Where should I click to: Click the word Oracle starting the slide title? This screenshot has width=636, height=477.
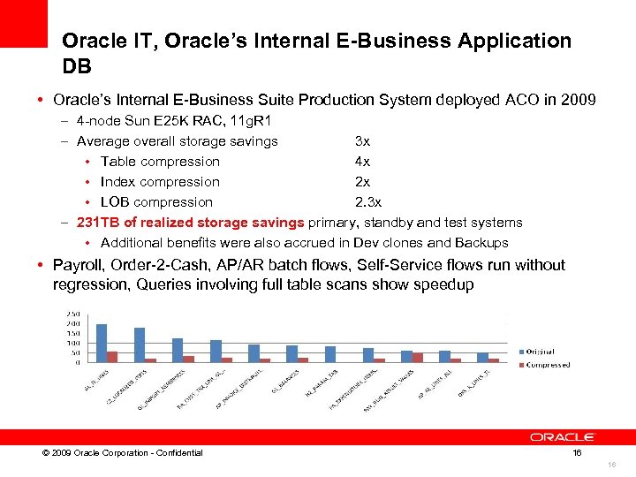tap(87, 41)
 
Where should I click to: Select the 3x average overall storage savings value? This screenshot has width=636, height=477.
tap(362, 140)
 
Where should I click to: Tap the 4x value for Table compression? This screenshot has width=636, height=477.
tap(362, 161)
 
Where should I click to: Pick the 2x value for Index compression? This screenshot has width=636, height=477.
tap(362, 181)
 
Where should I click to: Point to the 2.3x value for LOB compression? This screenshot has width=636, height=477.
tap(368, 201)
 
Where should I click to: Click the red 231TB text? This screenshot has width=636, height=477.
tap(98, 222)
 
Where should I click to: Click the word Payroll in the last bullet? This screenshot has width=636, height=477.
tap(77, 265)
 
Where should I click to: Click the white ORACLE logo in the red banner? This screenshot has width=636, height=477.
tap(563, 436)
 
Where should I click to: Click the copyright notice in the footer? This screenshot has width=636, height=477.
tap(117, 453)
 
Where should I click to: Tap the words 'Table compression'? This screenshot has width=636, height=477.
tap(160, 161)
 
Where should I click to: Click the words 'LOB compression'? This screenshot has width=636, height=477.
tap(156, 201)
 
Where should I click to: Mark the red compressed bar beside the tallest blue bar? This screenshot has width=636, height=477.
tap(112, 356)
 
